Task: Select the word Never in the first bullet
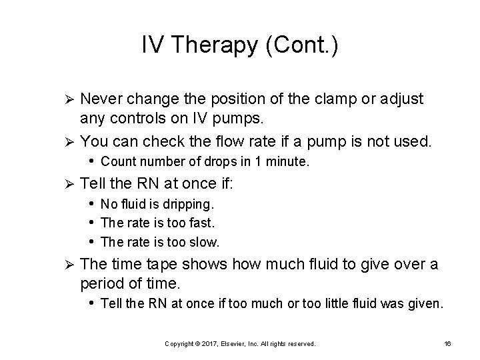[101, 99]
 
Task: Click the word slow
[204, 241]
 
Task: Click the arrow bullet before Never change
[66, 100]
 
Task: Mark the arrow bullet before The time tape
[66, 265]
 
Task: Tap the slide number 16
[447, 343]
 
